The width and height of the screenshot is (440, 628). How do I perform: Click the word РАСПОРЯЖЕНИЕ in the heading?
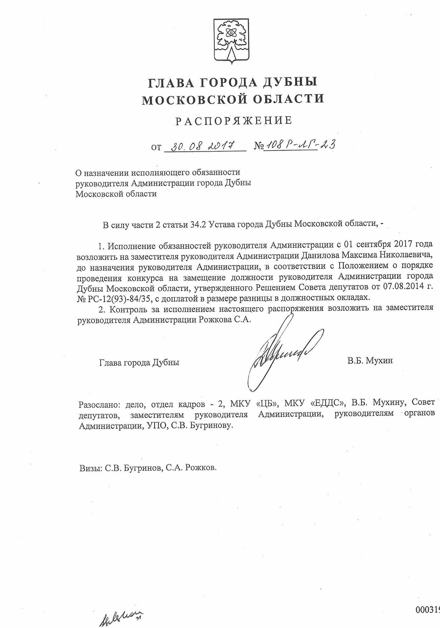(x=234, y=121)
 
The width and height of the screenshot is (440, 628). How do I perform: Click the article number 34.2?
(x=198, y=225)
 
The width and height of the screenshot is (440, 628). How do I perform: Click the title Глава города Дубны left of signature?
(x=139, y=362)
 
